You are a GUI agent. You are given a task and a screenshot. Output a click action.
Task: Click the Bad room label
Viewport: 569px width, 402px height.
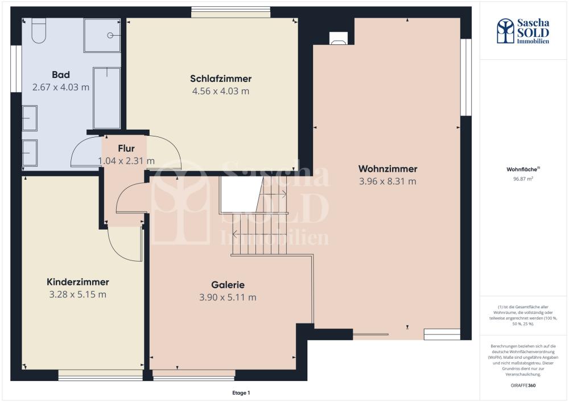(x=61, y=74)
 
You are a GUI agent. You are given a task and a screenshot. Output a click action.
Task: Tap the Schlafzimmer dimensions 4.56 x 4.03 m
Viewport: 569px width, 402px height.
(x=221, y=91)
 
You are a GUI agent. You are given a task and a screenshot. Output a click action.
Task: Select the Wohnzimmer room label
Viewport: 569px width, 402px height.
(x=387, y=169)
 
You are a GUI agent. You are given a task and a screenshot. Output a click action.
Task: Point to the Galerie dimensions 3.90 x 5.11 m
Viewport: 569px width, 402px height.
(x=228, y=297)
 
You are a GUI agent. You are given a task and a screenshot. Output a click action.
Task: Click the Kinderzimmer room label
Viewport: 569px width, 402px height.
(x=77, y=282)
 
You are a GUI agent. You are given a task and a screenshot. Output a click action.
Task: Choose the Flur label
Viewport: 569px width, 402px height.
(x=126, y=148)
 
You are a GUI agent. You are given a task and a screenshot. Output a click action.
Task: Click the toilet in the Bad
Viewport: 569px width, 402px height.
(x=39, y=31)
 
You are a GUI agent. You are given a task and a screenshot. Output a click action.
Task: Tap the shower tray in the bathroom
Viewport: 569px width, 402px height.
(x=102, y=35)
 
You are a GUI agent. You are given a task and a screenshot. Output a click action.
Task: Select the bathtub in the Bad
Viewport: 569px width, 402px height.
(x=107, y=98)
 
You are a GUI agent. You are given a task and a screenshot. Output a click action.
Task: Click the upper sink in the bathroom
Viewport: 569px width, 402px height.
(x=30, y=118)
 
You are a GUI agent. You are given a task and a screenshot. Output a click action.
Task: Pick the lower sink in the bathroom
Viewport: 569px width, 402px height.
(x=30, y=153)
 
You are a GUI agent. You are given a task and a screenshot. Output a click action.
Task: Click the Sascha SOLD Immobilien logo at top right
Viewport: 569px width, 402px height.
(x=523, y=31)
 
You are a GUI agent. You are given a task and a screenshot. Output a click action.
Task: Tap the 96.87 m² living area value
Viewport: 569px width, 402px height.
(x=523, y=179)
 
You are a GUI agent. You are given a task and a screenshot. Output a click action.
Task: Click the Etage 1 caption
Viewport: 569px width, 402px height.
(x=241, y=392)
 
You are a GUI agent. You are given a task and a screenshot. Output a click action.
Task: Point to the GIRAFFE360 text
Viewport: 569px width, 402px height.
(x=523, y=386)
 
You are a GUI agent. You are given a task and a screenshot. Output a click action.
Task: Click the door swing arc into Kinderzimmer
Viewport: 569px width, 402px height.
(x=119, y=250)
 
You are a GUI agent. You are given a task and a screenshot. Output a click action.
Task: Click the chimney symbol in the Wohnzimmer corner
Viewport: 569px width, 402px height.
(x=338, y=38)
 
